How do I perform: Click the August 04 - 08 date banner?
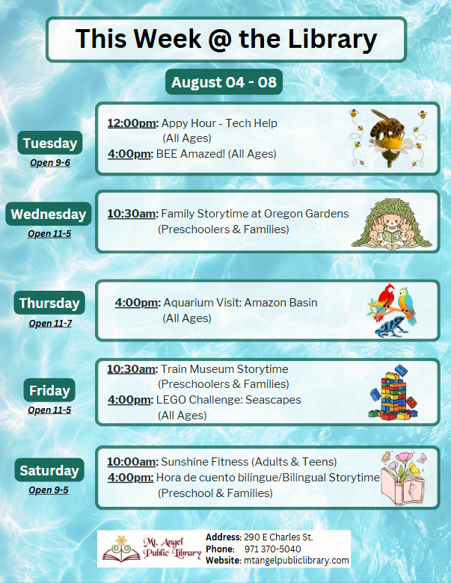tap(224, 81)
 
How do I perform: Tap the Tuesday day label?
tap(50, 143)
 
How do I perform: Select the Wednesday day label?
tap(49, 214)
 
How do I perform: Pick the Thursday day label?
tap(49, 303)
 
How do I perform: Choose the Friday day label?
tap(49, 390)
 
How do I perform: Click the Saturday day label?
tap(49, 470)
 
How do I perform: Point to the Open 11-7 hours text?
tap(50, 324)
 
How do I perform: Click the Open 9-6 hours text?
tap(50, 163)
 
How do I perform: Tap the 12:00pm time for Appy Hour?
tap(133, 123)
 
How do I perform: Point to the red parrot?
tap(385, 300)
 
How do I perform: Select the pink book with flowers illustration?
tap(403, 478)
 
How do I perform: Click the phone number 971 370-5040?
tap(273, 549)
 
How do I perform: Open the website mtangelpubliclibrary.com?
tap(296, 561)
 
